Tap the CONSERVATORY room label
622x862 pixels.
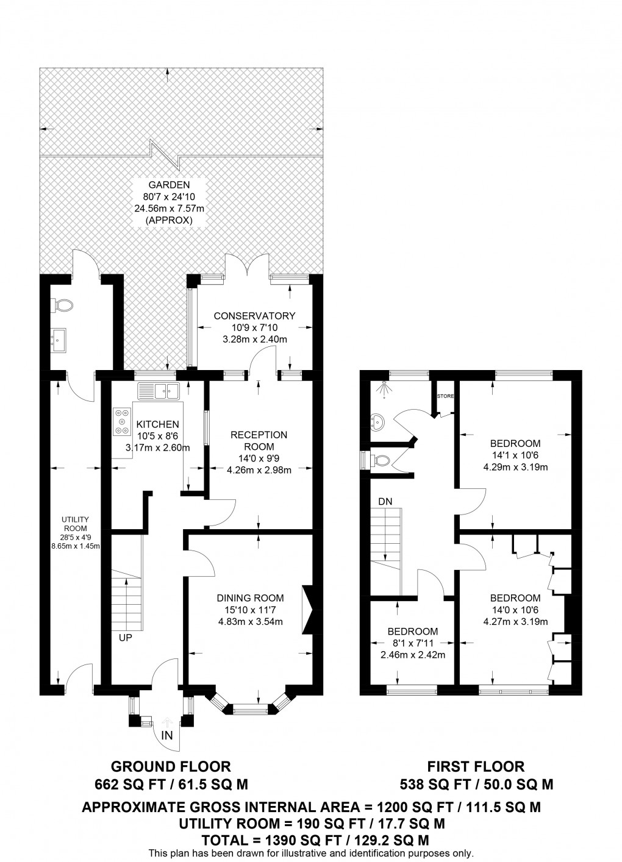254,315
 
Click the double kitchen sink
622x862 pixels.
159,391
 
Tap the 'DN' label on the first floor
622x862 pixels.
385,500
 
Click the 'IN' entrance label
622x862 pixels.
167,736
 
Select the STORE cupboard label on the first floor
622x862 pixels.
445,396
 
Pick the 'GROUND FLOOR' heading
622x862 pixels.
171,766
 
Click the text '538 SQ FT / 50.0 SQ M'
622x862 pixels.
476,784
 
